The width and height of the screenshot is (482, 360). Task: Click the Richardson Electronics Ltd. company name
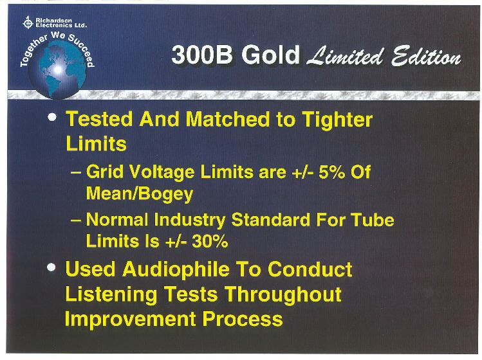click(61, 22)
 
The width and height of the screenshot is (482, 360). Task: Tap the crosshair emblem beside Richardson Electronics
click(28, 22)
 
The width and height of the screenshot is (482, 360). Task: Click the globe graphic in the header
click(57, 69)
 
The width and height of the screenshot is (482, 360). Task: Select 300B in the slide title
click(202, 55)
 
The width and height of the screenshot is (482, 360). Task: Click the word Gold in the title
click(270, 55)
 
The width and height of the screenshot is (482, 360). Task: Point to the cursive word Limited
click(345, 56)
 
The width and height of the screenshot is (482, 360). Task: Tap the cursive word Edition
click(426, 56)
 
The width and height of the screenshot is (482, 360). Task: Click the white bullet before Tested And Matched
click(52, 118)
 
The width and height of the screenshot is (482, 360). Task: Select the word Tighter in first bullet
click(337, 120)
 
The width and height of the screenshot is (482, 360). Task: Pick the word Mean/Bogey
click(140, 194)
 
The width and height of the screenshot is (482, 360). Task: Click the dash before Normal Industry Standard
click(76, 221)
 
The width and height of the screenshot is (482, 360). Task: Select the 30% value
click(210, 241)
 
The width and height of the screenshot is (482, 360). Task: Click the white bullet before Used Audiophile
click(51, 267)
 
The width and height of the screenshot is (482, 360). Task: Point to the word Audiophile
click(176, 269)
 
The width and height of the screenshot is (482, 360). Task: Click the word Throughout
click(283, 294)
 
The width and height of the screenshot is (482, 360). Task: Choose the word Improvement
click(130, 319)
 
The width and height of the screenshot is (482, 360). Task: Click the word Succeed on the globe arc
click(82, 50)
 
